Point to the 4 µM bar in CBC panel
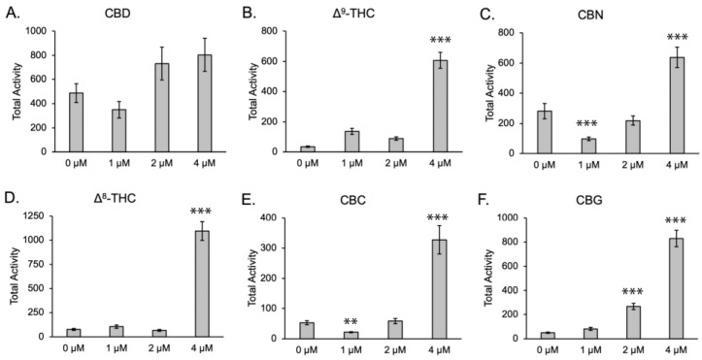[420, 286]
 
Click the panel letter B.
[248, 13]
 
